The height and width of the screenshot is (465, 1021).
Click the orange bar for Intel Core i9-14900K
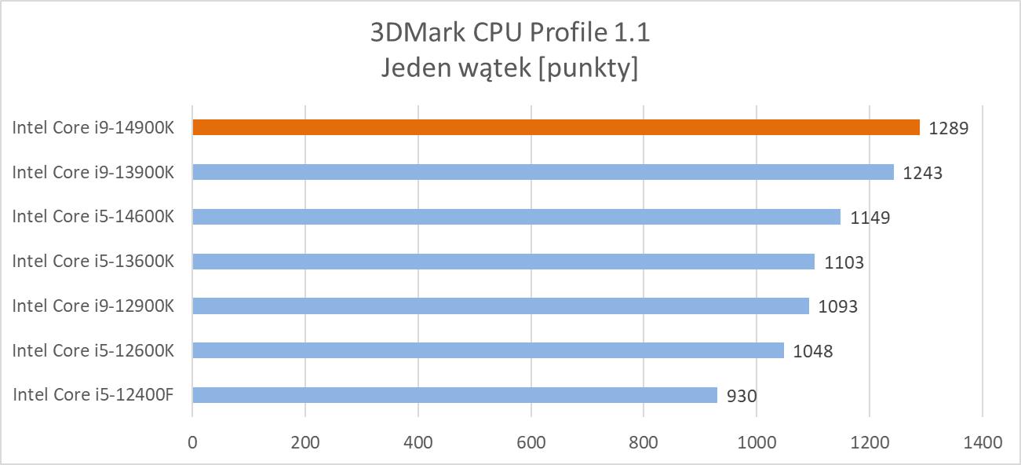pyautogui.click(x=556, y=127)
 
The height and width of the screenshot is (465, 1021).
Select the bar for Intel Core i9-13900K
pyautogui.click(x=543, y=172)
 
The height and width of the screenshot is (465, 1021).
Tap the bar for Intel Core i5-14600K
pyautogui.click(x=516, y=217)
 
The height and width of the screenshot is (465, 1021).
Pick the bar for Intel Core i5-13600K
pyautogui.click(x=503, y=262)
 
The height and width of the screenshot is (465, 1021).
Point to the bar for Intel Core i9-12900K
pyautogui.click(x=501, y=306)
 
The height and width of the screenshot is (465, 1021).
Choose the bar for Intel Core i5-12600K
pyautogui.click(x=488, y=350)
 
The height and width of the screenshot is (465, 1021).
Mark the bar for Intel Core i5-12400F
pyautogui.click(x=454, y=395)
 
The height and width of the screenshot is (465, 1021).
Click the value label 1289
pyautogui.click(x=949, y=128)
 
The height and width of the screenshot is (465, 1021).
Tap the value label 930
pyautogui.click(x=742, y=396)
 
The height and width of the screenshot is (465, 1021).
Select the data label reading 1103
pyautogui.click(x=844, y=262)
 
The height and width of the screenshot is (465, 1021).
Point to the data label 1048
pyautogui.click(x=813, y=351)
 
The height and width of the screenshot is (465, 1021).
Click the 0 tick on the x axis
pyautogui.click(x=192, y=442)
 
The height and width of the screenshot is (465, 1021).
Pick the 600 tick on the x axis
pyautogui.click(x=531, y=442)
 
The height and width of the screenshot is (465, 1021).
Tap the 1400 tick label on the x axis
pyautogui.click(x=982, y=442)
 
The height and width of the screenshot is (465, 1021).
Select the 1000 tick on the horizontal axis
pyautogui.click(x=757, y=442)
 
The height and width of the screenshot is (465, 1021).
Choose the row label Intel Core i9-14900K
pyautogui.click(x=93, y=127)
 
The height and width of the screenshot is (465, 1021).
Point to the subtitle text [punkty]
pyautogui.click(x=593, y=69)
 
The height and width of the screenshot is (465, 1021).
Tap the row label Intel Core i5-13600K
pyautogui.click(x=93, y=262)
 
